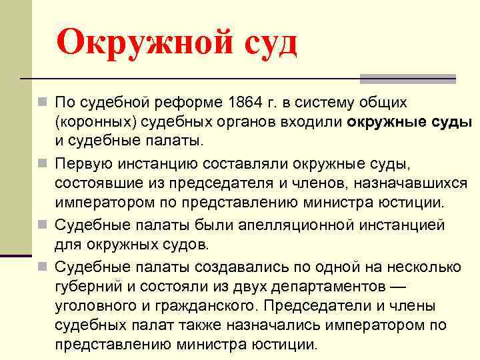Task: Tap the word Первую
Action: (x=83, y=163)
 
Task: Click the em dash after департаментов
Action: (x=398, y=287)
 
